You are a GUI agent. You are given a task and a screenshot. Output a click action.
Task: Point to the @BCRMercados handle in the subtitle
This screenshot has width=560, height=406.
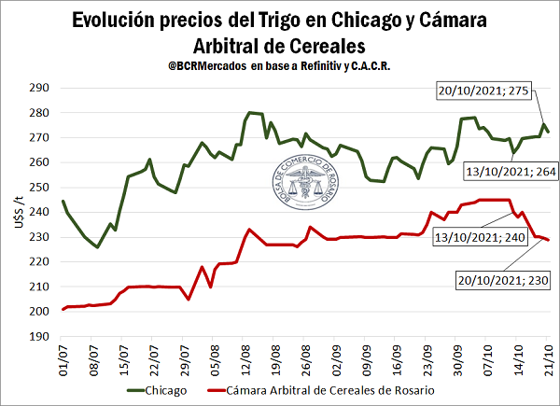point(200,68)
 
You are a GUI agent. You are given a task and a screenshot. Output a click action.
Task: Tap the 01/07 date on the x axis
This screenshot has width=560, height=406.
point(64,358)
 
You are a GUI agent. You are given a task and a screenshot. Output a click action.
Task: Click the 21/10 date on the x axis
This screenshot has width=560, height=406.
point(548,358)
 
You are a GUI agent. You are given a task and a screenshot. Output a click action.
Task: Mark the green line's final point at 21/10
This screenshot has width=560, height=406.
point(549,132)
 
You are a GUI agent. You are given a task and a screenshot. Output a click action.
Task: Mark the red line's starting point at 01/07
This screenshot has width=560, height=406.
point(63,309)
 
